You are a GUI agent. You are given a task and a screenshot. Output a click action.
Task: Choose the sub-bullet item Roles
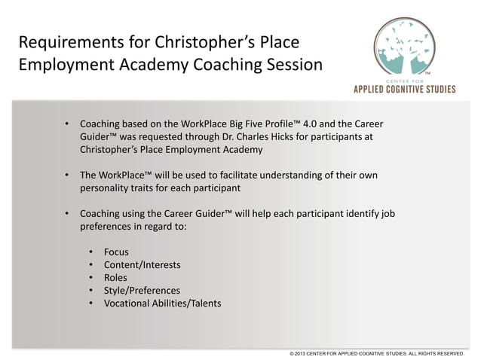116,277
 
